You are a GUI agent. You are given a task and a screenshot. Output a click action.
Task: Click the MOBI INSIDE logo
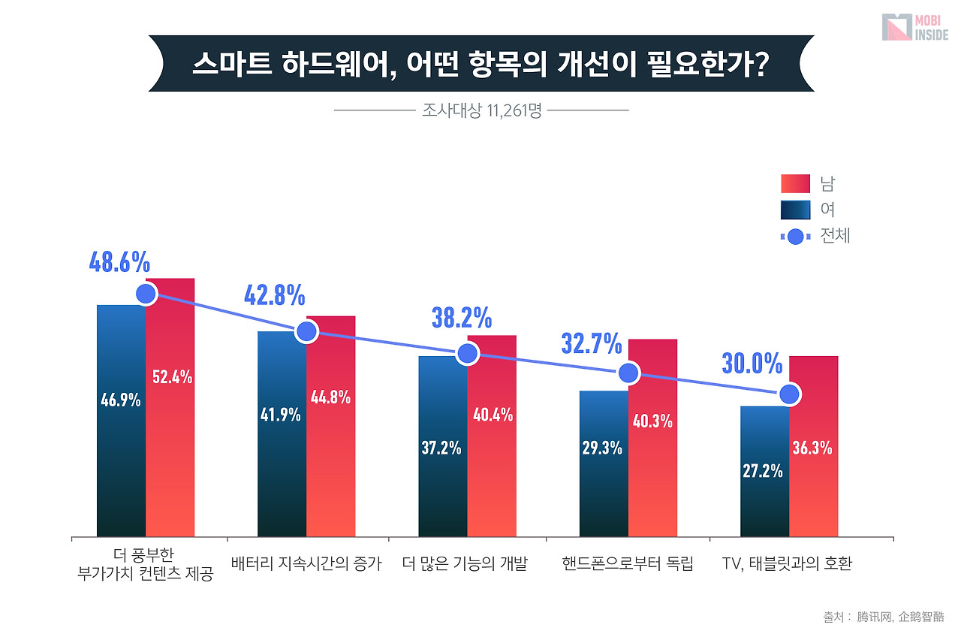click(914, 27)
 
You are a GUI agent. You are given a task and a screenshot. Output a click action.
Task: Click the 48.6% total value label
click(119, 262)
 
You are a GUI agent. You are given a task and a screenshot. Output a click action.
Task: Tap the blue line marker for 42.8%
click(306, 331)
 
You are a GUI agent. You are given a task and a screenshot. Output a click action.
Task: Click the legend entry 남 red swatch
click(795, 184)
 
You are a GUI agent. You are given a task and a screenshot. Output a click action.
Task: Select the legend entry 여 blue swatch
click(795, 210)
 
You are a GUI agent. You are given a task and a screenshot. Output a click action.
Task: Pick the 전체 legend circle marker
click(795, 237)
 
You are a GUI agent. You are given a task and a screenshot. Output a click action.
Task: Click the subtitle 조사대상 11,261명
click(481, 111)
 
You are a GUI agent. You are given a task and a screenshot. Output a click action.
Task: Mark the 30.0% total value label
click(752, 364)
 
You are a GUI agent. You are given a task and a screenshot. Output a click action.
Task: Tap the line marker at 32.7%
click(628, 373)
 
